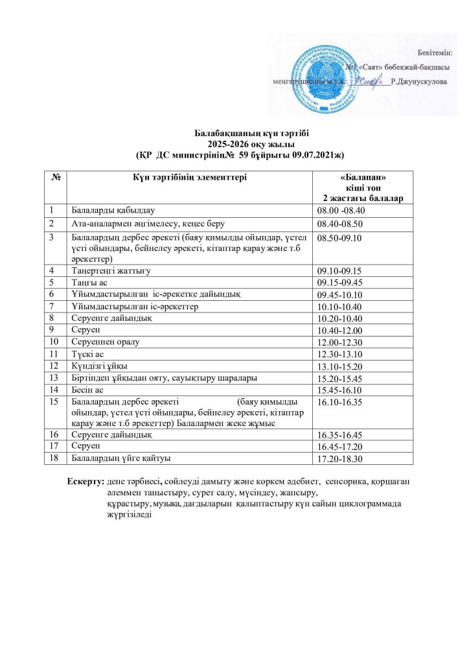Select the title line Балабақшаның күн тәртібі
pyautogui.click(x=234, y=132)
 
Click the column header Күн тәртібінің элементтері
pyautogui.click(x=189, y=176)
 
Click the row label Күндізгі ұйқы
pyautogui.click(x=98, y=365)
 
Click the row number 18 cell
pyautogui.click(x=54, y=458)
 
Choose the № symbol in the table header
pyautogui.click(x=54, y=176)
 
